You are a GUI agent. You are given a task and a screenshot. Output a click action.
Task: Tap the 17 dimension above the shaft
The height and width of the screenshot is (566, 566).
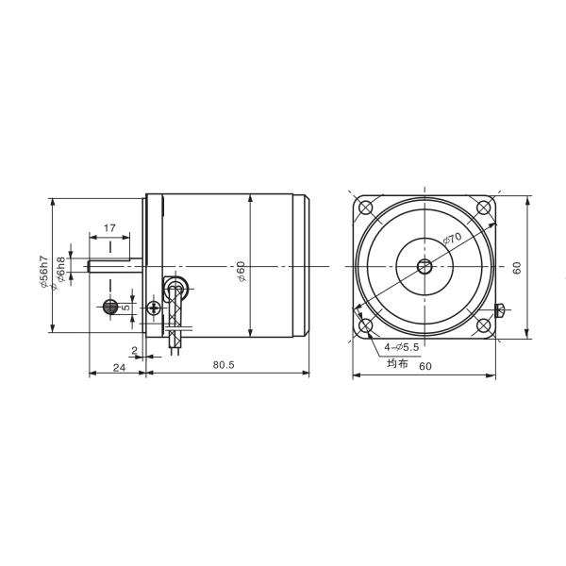(110, 228)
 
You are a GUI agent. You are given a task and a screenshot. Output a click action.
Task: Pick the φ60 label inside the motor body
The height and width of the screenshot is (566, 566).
(241, 273)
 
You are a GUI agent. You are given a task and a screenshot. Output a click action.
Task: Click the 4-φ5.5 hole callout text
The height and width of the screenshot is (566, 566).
(403, 347)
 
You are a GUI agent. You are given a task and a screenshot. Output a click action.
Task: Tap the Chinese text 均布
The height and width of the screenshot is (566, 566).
(396, 363)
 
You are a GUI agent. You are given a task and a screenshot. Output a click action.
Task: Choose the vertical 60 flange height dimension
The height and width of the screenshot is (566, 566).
(517, 268)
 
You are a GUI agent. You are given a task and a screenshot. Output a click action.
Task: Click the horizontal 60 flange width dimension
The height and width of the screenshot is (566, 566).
(425, 365)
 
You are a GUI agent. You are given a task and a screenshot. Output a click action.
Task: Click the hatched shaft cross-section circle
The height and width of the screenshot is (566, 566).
(109, 307)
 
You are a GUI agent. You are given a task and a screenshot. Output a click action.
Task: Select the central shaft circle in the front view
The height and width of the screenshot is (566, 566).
(424, 267)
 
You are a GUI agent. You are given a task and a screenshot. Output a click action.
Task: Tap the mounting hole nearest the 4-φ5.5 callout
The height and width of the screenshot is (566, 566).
(367, 325)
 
